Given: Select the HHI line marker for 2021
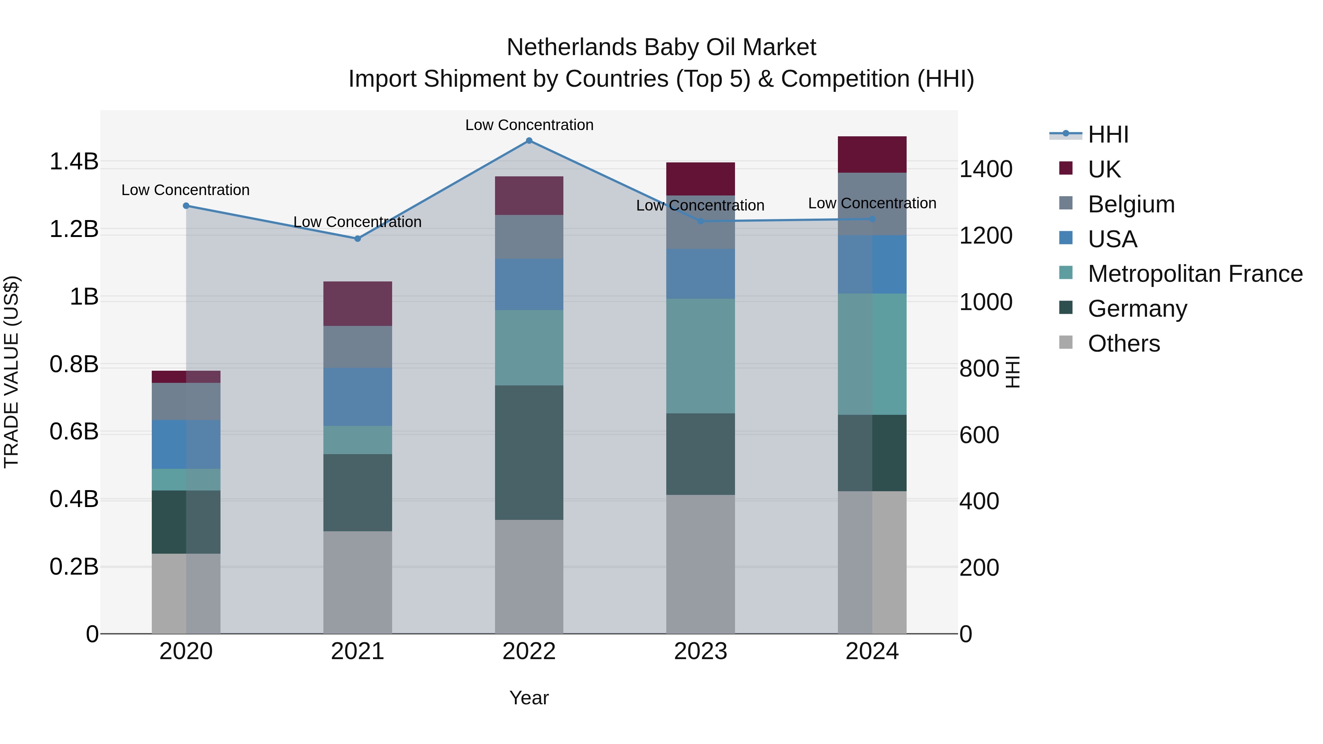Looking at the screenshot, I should tap(358, 239).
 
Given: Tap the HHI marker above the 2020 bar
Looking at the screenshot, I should tap(186, 206).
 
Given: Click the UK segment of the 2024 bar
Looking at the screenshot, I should tap(872, 155).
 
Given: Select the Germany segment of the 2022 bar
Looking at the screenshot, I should tap(529, 452).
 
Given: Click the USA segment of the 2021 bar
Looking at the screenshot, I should tap(358, 396).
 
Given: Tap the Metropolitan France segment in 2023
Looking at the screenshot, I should tap(700, 356).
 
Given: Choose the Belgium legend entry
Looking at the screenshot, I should tap(1131, 204).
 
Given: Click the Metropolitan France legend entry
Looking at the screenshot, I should tap(1195, 274).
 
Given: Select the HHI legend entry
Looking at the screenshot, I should tap(1108, 134).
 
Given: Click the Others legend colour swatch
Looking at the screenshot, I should tap(1066, 342).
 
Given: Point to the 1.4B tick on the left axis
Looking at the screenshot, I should tap(73, 162).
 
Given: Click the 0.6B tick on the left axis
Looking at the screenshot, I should tap(73, 432).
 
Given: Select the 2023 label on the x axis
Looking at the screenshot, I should tap(700, 651).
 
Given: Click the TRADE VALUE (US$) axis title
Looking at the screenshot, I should tap(11, 372).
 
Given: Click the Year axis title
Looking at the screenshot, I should tap(529, 698).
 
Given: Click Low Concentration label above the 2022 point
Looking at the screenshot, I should tap(529, 125).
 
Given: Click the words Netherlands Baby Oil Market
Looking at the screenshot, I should tap(661, 47).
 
